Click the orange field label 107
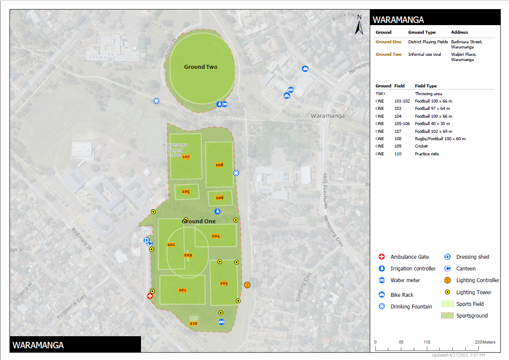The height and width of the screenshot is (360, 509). tap(186, 157)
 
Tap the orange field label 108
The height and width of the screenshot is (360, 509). tap(219, 165)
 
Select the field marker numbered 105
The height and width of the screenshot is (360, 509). tap(186, 191)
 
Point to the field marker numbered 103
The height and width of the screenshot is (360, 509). tap(224, 283)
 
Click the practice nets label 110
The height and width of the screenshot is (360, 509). tap(193, 323)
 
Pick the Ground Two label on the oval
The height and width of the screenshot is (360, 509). tap(201, 67)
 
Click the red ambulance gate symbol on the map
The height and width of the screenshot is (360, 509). tap(150, 296)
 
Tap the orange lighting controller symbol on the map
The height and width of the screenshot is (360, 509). tap(247, 285)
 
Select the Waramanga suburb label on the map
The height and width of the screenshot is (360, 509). tap(328, 116)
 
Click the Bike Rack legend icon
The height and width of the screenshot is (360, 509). tap(382, 295)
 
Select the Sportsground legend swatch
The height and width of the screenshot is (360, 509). tap(448, 316)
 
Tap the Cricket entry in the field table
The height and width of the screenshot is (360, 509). tap(421, 146)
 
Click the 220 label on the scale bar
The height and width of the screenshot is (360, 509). tap(478, 342)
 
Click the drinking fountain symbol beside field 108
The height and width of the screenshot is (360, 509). tap(236, 173)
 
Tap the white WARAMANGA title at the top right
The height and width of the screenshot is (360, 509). tap(398, 20)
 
